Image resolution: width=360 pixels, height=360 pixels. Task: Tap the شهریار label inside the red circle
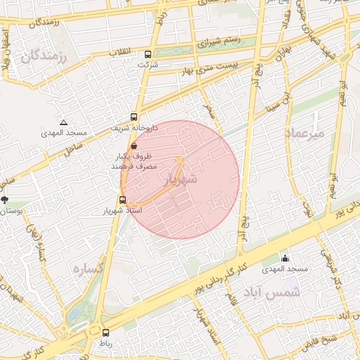tap(179, 180)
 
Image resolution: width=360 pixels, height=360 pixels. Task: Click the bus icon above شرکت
tap(148, 54)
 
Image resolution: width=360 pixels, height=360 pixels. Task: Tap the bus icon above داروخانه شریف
tap(134, 117)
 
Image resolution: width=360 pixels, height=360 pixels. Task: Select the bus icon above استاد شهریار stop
tap(123, 200)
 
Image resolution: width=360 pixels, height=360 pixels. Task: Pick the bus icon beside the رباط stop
tap(105, 333)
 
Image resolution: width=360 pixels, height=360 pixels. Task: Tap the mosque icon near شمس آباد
tap(285, 259)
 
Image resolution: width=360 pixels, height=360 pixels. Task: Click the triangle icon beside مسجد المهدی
tap(64, 122)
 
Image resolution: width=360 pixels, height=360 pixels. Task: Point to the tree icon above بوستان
tap(6, 200)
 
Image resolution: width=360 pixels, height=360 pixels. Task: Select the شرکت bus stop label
tap(148, 65)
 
